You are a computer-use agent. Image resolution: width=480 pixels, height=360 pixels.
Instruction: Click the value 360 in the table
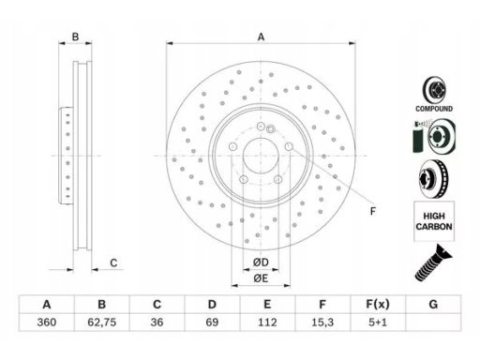point(47,322)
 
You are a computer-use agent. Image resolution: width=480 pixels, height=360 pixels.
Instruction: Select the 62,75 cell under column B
point(102,322)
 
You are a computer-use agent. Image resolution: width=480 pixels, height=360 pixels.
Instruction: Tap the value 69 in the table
point(212,322)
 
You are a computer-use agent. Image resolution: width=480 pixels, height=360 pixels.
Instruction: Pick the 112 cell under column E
point(267,322)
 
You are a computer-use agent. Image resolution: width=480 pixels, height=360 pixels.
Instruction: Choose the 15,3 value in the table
point(322,322)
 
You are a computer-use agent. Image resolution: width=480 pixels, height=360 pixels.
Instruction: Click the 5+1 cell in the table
point(378,322)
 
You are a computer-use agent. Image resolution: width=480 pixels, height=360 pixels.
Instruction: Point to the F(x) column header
point(378,304)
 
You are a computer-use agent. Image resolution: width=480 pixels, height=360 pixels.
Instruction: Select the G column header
point(433,304)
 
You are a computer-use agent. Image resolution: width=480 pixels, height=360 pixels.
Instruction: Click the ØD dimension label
point(261,262)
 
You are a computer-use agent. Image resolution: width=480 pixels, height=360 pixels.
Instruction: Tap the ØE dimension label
point(261,278)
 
